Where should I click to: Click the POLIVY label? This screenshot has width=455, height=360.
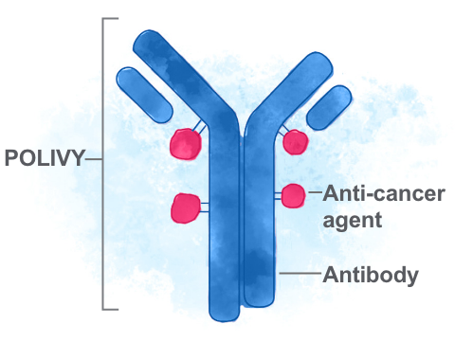(x=44, y=159)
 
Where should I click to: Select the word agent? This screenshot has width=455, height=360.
(x=352, y=221)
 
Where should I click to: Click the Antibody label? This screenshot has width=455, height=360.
(x=371, y=276)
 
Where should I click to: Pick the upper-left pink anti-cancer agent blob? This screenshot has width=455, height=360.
(x=185, y=145)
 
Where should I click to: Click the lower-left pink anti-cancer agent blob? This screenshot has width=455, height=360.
(x=186, y=207)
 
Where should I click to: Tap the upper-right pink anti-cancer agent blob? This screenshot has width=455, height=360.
(x=296, y=142)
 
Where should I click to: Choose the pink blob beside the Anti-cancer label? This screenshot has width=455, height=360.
(x=292, y=196)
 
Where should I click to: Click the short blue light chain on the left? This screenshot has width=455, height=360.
(x=145, y=92)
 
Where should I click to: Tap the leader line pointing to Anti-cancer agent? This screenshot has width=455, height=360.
(x=313, y=195)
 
